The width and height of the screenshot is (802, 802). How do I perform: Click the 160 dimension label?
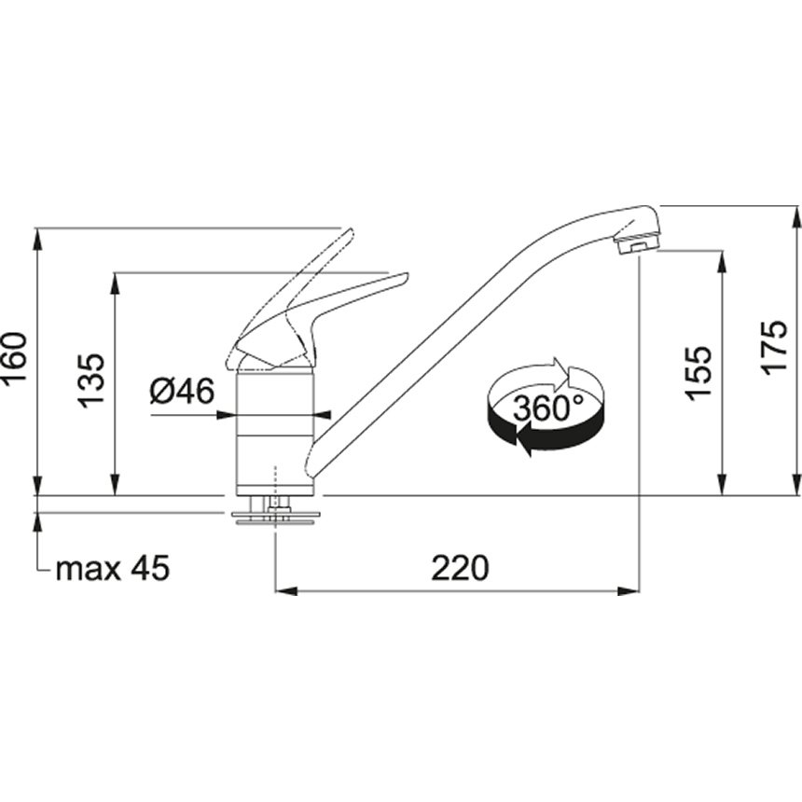pyautogui.click(x=14, y=356)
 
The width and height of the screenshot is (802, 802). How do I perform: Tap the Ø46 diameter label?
pyautogui.click(x=182, y=392)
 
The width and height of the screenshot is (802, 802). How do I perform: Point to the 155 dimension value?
pyautogui.click(x=698, y=372)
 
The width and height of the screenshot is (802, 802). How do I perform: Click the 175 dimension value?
pyautogui.click(x=773, y=348)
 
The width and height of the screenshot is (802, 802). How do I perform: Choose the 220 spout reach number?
pyautogui.click(x=460, y=568)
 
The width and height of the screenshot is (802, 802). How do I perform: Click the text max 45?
pyautogui.click(x=112, y=568)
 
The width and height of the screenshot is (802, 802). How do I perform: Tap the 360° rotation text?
pyautogui.click(x=547, y=408)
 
